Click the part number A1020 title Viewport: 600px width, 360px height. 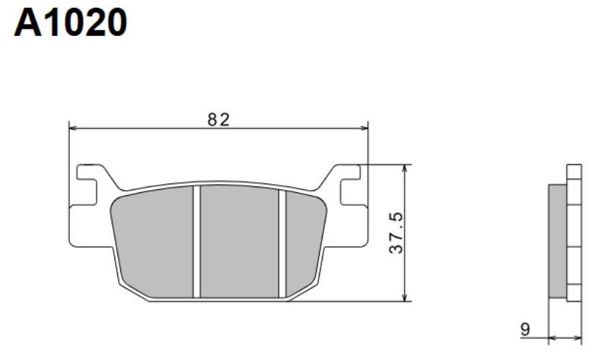[x=71, y=22]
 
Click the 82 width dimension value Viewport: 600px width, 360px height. [x=218, y=120]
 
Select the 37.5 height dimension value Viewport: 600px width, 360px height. [x=396, y=233]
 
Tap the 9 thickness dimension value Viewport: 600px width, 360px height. [x=526, y=329]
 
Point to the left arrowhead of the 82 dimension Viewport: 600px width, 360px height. [x=73, y=129]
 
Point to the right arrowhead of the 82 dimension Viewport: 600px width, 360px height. [x=364, y=129]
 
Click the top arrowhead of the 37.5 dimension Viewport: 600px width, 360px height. [x=405, y=168]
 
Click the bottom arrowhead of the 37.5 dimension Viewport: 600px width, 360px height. [x=405, y=297]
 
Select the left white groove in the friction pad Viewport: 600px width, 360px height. [x=197, y=242]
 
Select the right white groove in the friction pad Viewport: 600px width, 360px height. [x=282, y=243]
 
